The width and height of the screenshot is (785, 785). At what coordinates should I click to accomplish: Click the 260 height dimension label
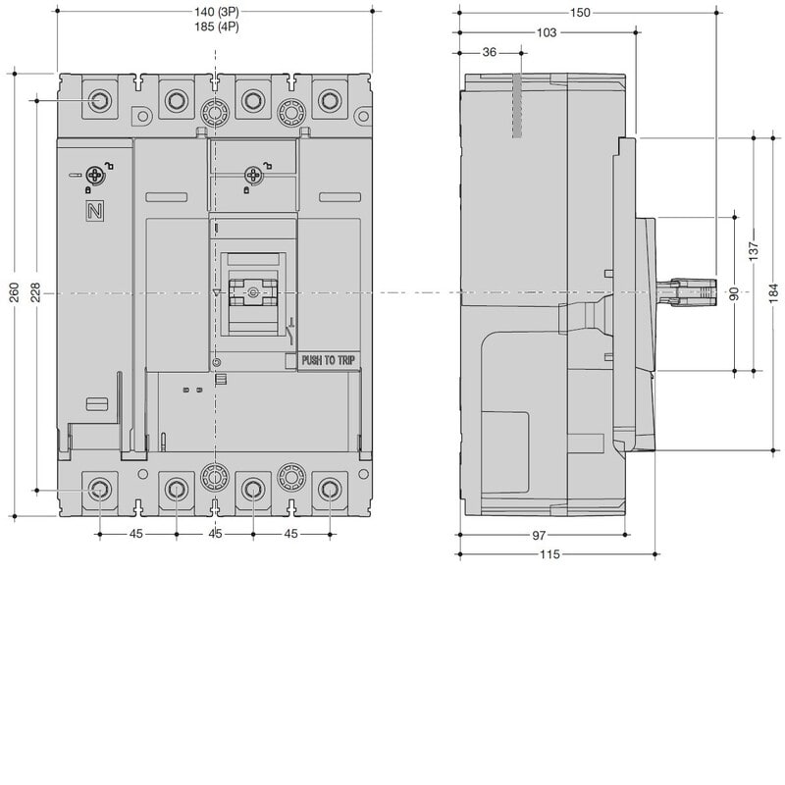point(15,291)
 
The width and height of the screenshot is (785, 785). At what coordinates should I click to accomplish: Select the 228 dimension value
point(36,291)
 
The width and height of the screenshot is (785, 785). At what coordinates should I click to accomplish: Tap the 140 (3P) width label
point(216,12)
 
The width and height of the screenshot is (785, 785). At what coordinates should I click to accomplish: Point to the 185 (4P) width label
point(216,26)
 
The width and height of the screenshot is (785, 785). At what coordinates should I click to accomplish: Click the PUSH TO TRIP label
point(329,360)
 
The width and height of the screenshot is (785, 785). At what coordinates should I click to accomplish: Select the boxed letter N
point(94,211)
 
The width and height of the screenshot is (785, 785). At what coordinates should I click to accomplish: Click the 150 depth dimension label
point(580,13)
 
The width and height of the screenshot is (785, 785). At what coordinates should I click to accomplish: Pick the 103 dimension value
point(547,32)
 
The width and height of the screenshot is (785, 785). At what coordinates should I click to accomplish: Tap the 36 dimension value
point(489,52)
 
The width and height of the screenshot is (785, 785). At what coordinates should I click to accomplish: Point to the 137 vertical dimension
point(754,251)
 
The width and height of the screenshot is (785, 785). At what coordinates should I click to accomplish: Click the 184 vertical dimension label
point(774,292)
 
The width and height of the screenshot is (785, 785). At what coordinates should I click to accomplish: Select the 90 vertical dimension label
point(734,293)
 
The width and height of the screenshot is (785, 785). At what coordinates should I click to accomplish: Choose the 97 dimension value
point(539,535)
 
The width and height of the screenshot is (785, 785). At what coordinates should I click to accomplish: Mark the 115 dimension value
point(549,554)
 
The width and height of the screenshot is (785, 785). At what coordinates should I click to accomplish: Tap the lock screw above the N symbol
point(94,176)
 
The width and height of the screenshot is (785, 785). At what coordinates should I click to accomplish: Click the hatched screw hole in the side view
point(517,106)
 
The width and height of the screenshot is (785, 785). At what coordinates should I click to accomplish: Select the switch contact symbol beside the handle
point(289,332)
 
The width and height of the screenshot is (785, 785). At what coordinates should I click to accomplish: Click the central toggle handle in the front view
point(253,292)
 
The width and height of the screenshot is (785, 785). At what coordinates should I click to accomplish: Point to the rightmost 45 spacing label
point(290,534)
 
